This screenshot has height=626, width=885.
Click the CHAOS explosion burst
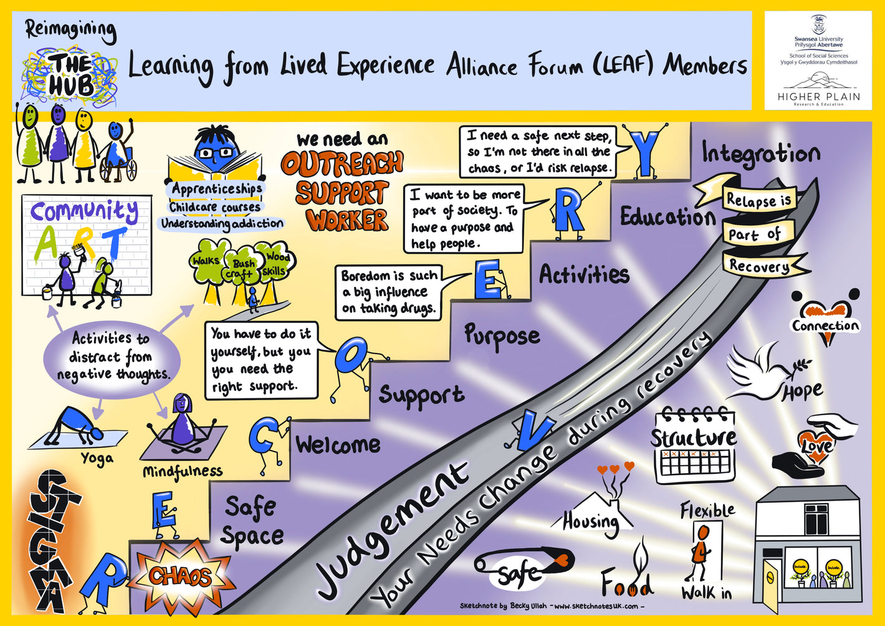[179, 576]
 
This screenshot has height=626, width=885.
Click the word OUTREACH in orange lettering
[342, 164]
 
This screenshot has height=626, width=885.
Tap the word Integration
[760, 153]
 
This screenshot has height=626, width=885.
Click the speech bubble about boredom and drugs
[390, 292]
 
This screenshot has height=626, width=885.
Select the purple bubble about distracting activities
[112, 356]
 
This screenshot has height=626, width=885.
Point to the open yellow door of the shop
[772, 583]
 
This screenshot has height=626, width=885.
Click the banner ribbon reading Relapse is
[758, 200]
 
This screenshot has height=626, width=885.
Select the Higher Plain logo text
[818, 97]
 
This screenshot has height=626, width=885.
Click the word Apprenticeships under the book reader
[217, 188]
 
